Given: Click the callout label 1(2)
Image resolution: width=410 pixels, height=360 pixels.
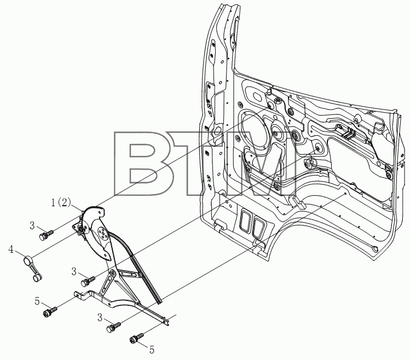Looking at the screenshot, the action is click(x=61, y=202).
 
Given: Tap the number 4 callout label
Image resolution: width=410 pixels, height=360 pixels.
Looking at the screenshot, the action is click(x=11, y=249).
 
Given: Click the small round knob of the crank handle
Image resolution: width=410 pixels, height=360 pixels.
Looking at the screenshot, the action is click(x=37, y=278).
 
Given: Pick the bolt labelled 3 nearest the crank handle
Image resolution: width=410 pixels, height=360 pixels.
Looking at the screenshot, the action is click(x=46, y=235).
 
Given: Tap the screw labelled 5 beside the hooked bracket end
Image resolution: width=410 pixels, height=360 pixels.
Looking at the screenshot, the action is click(x=50, y=311).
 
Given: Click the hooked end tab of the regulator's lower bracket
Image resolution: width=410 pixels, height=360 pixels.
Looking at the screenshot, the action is click(x=78, y=294).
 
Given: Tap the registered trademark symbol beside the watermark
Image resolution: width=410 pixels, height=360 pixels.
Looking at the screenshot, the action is click(x=310, y=164).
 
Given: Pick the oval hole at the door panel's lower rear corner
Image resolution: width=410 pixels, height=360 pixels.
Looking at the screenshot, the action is click(x=375, y=248).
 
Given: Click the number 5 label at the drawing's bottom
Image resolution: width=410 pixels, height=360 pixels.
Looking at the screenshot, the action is click(x=152, y=350).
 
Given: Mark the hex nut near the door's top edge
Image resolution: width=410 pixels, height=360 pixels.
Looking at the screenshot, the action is click(x=278, y=100).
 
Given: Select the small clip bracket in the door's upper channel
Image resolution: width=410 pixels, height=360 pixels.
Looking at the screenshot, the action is click(x=347, y=133).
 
